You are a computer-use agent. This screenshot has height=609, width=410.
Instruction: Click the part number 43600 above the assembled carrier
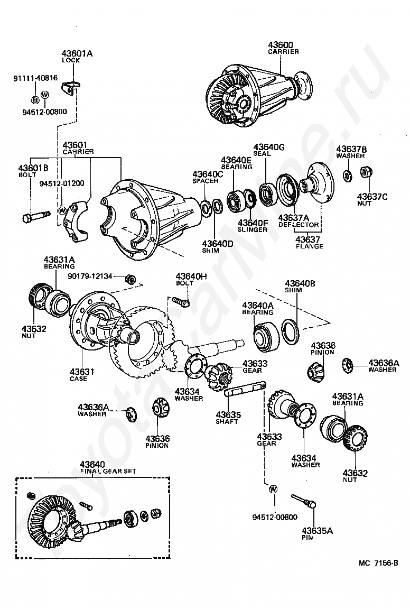(x=281, y=44)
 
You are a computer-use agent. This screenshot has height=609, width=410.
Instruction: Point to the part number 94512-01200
(x=62, y=183)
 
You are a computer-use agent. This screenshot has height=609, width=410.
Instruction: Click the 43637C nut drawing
(x=365, y=171)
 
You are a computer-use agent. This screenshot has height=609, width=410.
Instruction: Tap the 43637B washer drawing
(x=347, y=175)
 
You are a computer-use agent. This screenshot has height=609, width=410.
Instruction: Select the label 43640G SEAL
(x=269, y=150)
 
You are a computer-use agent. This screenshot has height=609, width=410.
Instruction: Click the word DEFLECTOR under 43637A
(x=299, y=225)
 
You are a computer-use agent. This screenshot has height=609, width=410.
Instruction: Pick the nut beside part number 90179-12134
(x=131, y=279)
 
